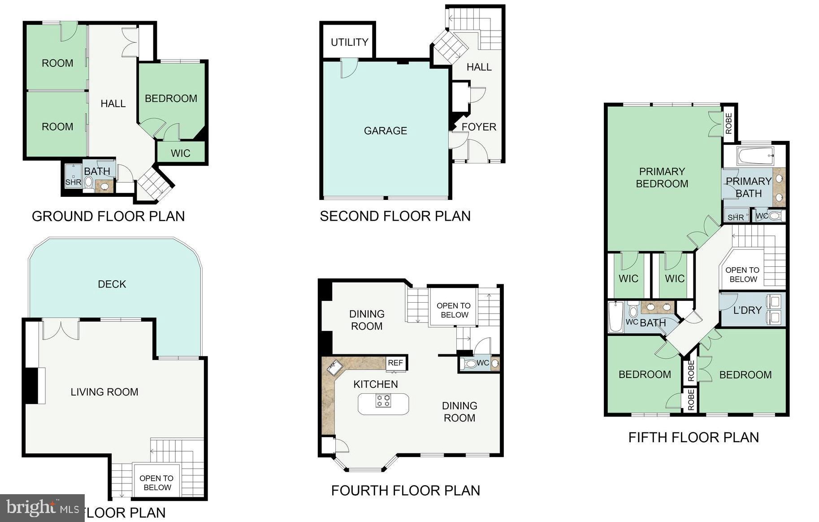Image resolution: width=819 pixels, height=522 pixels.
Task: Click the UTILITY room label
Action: tap(349, 42)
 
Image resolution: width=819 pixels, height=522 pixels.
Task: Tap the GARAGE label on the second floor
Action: tap(385, 130)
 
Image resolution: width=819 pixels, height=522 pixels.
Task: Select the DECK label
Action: tap(112, 284)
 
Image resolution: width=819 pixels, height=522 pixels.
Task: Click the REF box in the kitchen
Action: tap(395, 363)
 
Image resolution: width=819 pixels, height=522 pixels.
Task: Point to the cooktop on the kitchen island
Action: tap(382, 400)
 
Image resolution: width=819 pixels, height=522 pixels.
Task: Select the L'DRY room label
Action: tap(747, 310)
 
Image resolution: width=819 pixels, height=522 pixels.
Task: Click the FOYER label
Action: tap(479, 127)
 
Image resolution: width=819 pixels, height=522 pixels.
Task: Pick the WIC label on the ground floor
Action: tap(180, 153)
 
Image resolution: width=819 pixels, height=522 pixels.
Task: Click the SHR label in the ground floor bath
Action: tap(73, 182)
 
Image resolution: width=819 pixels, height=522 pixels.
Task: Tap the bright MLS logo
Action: tap(42, 508)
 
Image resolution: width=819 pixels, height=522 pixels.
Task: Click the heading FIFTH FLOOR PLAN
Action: tap(693, 437)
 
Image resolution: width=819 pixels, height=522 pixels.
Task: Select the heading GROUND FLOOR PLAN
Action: tap(108, 216)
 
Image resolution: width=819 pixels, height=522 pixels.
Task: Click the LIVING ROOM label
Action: tap(104, 392)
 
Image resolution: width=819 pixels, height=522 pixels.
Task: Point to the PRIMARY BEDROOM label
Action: tap(662, 178)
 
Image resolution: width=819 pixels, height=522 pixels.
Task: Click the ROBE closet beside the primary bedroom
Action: tap(728, 123)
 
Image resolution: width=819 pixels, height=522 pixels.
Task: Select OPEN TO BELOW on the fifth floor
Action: tap(742, 274)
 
